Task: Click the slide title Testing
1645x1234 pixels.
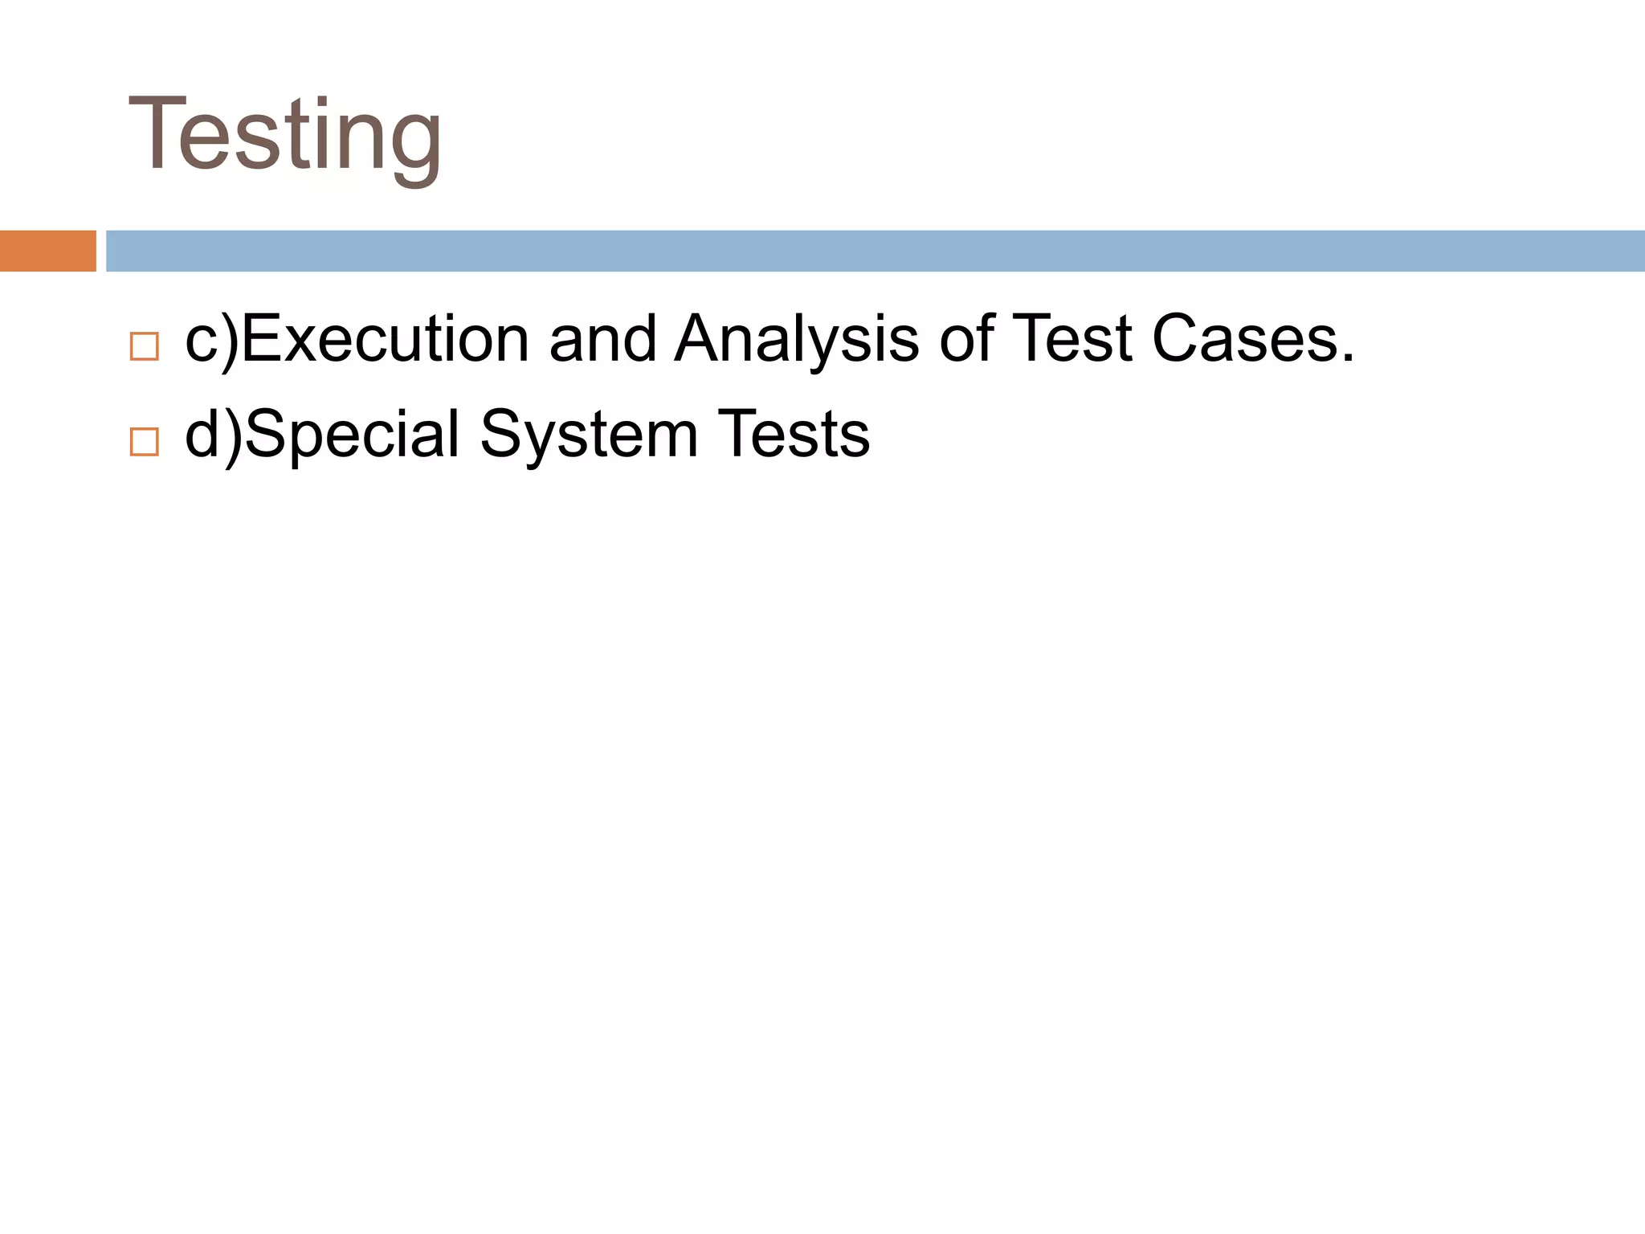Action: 284,135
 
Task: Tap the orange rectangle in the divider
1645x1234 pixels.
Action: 47,251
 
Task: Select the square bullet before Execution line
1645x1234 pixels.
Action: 145,346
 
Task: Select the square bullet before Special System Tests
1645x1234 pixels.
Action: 145,442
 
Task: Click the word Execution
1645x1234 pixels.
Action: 386,338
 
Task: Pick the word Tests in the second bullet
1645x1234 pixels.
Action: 793,435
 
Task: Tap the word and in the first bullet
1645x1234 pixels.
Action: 602,338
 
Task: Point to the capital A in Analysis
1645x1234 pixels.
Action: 704,338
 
